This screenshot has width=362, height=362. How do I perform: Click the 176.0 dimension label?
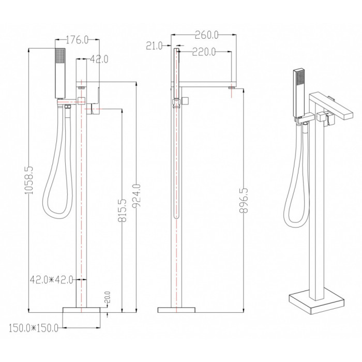(x=77, y=40)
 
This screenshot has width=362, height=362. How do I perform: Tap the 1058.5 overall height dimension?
(x=29, y=180)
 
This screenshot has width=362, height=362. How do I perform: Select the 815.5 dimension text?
(x=123, y=210)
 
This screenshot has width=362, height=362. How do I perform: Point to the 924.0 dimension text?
(x=137, y=195)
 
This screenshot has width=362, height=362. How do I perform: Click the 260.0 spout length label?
(x=207, y=35)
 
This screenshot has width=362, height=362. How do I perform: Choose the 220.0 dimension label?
(x=204, y=52)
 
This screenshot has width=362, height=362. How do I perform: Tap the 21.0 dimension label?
(x=154, y=46)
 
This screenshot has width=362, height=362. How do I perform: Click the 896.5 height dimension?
(x=244, y=200)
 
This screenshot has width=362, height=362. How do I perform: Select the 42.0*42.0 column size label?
(x=52, y=280)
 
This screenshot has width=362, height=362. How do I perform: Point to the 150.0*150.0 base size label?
(x=34, y=328)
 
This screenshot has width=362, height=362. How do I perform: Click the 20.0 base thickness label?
(x=108, y=297)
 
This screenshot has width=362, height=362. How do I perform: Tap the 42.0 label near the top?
(x=99, y=59)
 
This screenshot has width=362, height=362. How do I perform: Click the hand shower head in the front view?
(x=60, y=73)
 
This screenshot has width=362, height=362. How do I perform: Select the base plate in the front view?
(x=82, y=310)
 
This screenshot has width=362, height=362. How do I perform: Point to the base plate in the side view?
(x=176, y=310)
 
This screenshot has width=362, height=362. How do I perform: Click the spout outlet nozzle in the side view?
(x=232, y=88)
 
